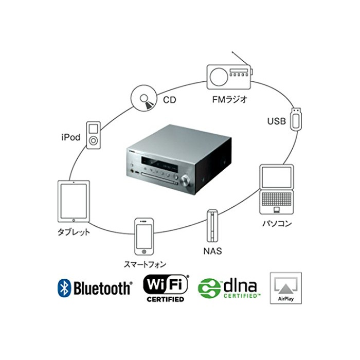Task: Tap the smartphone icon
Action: pyautogui.click(x=145, y=237)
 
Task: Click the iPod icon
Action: pyautogui.click(x=93, y=135)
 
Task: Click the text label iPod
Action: pyautogui.click(x=70, y=137)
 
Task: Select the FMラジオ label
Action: pyautogui.click(x=228, y=100)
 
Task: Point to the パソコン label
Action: pyautogui.click(x=277, y=223)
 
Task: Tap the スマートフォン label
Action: pyautogui.click(x=145, y=264)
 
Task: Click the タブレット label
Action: pyautogui.click(x=74, y=232)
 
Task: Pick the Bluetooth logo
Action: pyautogui.click(x=94, y=288)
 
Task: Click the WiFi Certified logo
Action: pyautogui.click(x=166, y=287)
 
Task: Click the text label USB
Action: pyautogui.click(x=277, y=121)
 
